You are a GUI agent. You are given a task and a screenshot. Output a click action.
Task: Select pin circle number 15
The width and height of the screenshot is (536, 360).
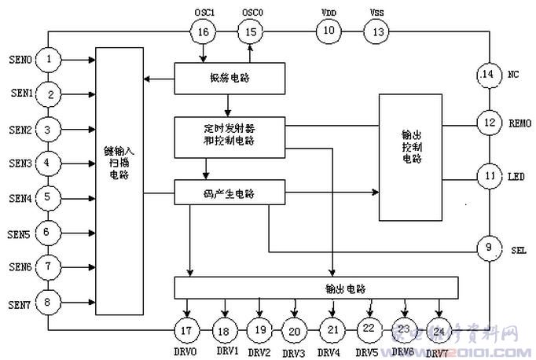(251, 31)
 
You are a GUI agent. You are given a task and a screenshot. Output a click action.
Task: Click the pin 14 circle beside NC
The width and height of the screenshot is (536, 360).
(489, 75)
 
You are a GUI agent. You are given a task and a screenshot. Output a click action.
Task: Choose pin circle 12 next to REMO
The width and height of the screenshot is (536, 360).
(489, 122)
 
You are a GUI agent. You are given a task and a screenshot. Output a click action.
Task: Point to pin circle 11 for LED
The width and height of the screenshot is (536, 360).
(489, 176)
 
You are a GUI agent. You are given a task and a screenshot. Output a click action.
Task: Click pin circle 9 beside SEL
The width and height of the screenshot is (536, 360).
(489, 249)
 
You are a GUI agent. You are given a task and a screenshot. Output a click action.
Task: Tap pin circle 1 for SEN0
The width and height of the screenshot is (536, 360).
(49, 59)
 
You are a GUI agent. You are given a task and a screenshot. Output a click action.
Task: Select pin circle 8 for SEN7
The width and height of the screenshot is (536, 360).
(49, 302)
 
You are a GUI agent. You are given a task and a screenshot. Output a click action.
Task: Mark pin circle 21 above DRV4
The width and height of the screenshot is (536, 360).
(332, 330)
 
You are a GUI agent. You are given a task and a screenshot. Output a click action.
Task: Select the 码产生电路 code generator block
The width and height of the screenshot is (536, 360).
(229, 191)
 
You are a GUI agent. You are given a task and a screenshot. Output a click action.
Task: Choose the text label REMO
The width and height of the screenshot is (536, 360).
(519, 123)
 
